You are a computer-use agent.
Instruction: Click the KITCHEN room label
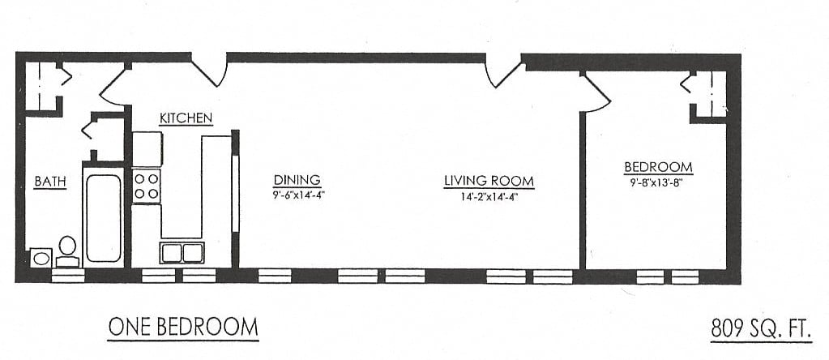point(186,118)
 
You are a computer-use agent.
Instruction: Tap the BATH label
point(49,182)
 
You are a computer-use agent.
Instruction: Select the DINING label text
point(297,180)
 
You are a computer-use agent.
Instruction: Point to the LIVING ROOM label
point(489,181)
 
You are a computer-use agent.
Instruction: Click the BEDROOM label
point(658,168)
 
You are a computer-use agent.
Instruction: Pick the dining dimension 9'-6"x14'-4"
point(297,195)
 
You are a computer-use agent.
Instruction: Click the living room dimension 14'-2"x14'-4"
point(489,195)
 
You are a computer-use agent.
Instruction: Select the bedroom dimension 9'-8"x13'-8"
point(658,182)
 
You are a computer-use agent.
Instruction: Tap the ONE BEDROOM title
point(183,328)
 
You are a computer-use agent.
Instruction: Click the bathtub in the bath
point(104,217)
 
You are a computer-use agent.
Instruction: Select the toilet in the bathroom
point(67,251)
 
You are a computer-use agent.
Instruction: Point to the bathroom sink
point(41,258)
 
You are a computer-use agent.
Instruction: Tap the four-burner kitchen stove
point(146,185)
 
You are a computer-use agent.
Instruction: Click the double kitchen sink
point(182,252)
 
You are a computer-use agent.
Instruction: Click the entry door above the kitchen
point(210,70)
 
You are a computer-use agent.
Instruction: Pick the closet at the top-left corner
point(42,84)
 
